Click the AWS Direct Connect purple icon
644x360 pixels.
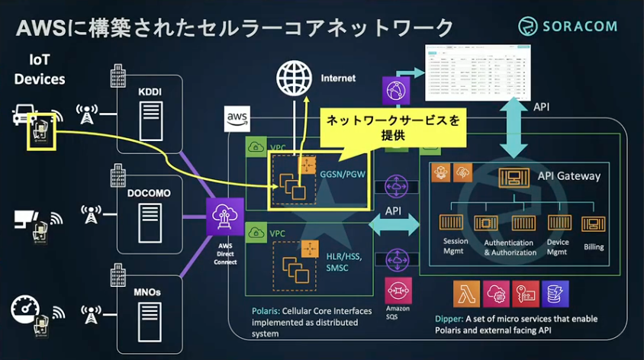coord(225,217)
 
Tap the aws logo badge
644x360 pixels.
coord(237,119)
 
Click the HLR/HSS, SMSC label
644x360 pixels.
coord(345,263)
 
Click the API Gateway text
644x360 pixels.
coord(569,176)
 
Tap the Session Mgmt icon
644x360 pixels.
coord(455,223)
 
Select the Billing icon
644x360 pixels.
coord(593,223)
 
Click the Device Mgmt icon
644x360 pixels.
coord(559,223)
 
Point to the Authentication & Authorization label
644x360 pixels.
coord(510,247)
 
